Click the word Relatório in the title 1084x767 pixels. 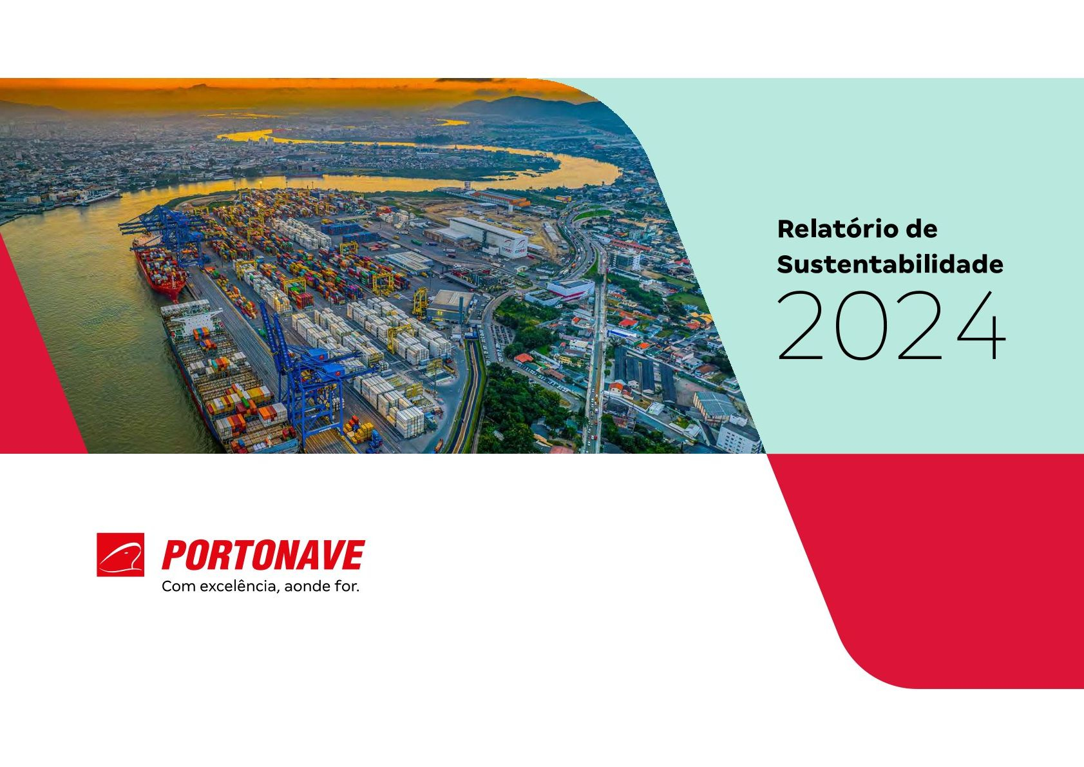843,229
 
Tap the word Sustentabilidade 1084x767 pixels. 890,264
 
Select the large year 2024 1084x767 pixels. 891,325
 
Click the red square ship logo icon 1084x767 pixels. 120,555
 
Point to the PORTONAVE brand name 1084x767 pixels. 263,555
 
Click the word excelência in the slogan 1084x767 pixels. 240,587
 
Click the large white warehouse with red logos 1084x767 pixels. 489,237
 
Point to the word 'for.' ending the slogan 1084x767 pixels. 347,587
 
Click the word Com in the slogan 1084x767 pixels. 178,587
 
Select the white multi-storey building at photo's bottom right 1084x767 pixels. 738,435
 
